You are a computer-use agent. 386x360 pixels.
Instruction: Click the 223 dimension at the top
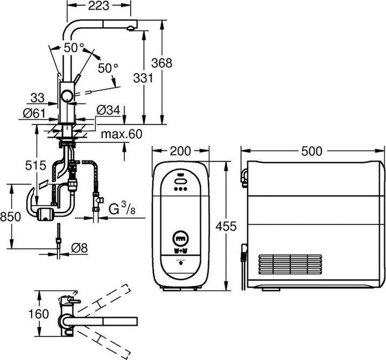98,6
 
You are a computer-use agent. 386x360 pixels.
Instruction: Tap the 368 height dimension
161,63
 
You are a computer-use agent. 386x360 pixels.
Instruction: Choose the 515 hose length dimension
35,167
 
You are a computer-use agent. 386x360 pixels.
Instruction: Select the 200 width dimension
181,151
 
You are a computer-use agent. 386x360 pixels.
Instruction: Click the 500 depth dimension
312,151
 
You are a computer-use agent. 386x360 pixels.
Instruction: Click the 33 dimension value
38,98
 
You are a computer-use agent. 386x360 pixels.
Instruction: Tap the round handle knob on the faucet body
66,96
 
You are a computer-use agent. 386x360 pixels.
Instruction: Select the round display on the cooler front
181,237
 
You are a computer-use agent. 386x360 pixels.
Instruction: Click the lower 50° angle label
108,68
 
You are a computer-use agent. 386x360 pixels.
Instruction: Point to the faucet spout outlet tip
130,25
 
